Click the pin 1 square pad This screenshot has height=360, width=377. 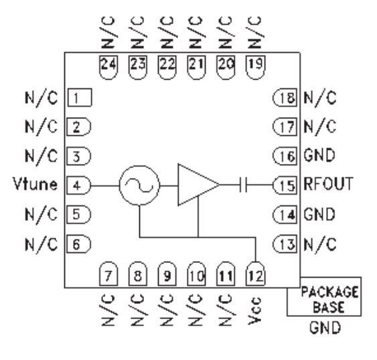(x=80, y=98)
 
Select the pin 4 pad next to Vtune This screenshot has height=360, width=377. (x=79, y=185)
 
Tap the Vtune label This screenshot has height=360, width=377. (x=35, y=184)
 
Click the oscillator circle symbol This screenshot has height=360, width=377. (x=139, y=185)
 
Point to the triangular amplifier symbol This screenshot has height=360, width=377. (x=198, y=185)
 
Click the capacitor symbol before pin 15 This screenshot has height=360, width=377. (x=243, y=185)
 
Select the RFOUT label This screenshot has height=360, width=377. (x=328, y=184)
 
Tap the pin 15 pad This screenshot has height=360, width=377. (x=285, y=185)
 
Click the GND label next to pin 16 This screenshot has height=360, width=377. (x=319, y=155)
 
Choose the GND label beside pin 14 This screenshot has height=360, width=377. (x=319, y=214)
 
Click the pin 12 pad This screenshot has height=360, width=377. (x=255, y=274)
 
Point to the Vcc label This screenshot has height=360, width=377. (x=255, y=310)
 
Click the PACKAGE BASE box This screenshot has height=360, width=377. (x=324, y=296)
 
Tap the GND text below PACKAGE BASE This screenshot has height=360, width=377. (x=325, y=328)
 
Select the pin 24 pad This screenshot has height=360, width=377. (x=108, y=68)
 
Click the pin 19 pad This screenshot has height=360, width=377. (x=255, y=68)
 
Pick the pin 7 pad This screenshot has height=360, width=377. (x=108, y=274)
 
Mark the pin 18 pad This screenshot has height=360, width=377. (x=285, y=98)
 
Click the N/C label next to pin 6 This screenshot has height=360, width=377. (x=42, y=244)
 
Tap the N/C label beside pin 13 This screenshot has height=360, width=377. (x=320, y=244)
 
